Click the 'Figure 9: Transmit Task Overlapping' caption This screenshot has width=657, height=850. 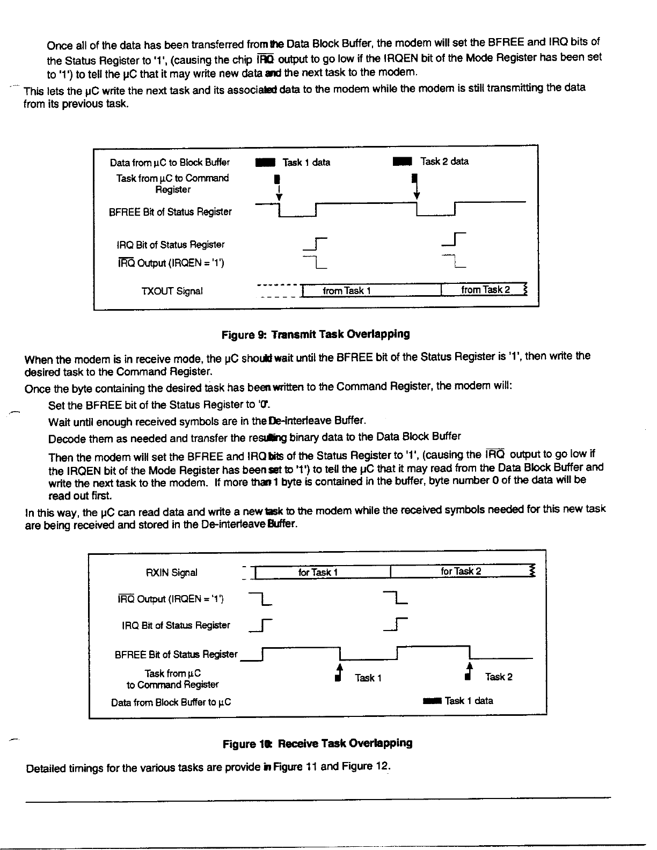tap(316, 335)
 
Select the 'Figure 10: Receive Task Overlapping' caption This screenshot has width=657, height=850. tap(318, 744)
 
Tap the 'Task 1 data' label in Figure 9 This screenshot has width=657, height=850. tap(306, 162)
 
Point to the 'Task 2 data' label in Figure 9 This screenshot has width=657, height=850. tap(444, 162)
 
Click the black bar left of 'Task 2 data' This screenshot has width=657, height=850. tap(402, 162)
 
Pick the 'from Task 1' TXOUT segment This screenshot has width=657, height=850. tap(347, 291)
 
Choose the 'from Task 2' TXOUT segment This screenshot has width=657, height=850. tap(485, 290)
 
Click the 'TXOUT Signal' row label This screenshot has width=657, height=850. tap(172, 291)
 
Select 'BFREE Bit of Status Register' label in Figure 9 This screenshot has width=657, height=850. tap(171, 212)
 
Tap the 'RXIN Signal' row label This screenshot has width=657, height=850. tap(172, 573)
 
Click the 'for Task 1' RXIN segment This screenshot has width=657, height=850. tap(318, 572)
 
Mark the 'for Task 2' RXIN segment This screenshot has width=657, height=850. tap(461, 571)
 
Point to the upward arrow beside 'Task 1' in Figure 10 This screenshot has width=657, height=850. tap(339, 671)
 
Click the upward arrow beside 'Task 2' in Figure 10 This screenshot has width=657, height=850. tap(470, 670)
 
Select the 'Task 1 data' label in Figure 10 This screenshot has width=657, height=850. tap(469, 700)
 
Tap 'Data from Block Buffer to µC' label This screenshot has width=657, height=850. tap(171, 702)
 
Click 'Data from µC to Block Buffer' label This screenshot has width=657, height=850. tap(170, 163)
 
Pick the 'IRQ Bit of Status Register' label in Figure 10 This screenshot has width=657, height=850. tap(176, 625)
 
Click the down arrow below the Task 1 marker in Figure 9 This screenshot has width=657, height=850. tap(279, 193)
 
